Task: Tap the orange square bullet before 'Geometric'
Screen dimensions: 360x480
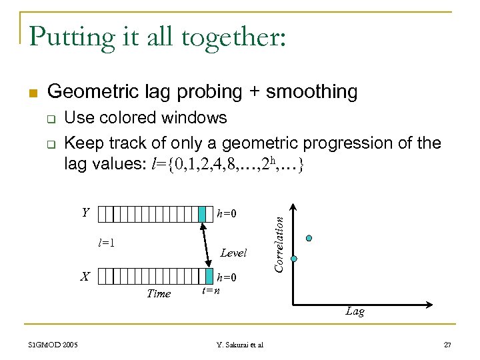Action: tap(35, 91)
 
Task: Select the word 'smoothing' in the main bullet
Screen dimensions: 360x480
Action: tap(311, 92)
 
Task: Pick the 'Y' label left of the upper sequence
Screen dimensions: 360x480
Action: tap(85, 213)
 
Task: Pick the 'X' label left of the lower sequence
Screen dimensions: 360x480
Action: tap(85, 275)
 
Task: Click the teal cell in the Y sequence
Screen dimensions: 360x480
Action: tap(203, 213)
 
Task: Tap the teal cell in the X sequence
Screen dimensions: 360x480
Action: tap(203, 276)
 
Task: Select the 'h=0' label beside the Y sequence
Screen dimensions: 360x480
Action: tap(227, 214)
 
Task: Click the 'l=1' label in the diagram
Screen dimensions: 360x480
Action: tap(107, 243)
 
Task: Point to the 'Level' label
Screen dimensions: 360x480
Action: tap(233, 253)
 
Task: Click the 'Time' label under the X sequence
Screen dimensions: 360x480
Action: tap(159, 293)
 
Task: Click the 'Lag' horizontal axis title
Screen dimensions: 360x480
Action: tap(355, 311)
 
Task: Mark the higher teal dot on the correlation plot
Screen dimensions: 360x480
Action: tap(308, 238)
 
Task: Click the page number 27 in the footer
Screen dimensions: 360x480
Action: tap(447, 344)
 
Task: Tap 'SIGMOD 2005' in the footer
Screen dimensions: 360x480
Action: tap(53, 344)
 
